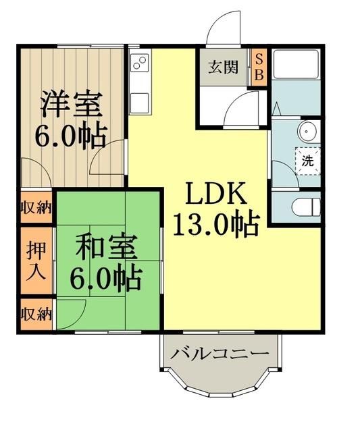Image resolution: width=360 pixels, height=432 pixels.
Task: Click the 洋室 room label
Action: [71, 105]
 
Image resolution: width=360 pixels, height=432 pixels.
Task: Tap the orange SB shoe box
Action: [257, 67]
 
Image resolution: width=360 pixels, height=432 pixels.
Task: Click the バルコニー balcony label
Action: [220, 354]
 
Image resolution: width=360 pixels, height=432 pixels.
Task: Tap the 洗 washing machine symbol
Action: [307, 161]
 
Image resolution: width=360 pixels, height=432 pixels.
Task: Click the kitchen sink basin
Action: [141, 102]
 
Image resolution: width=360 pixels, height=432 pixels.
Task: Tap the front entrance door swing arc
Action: [222, 28]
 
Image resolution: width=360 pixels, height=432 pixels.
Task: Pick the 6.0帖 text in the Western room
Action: [71, 136]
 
